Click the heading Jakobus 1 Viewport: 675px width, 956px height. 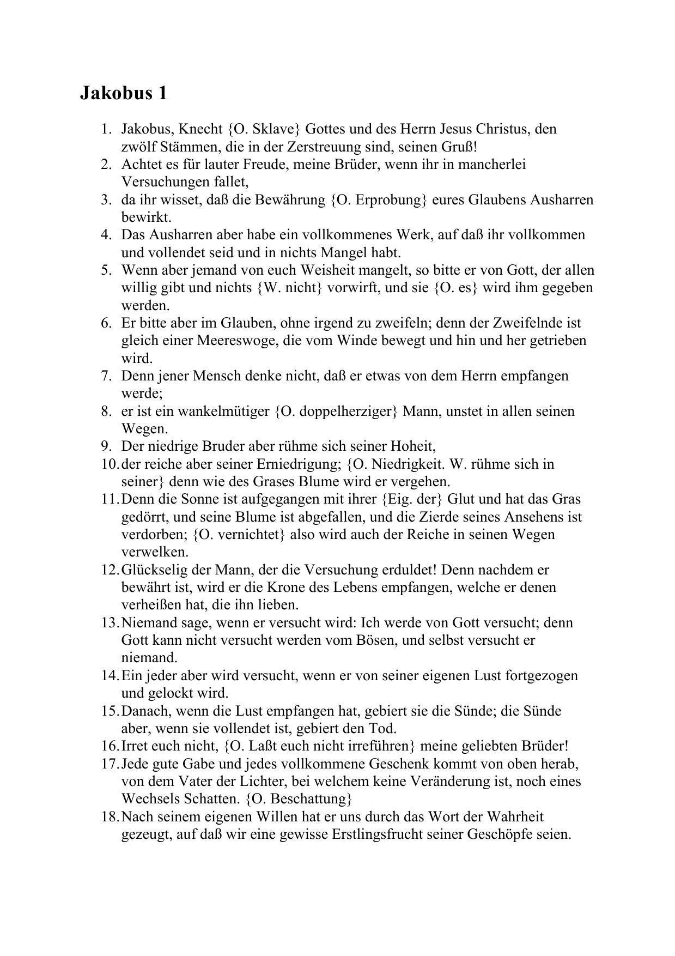click(124, 93)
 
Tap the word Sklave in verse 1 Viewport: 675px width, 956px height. click(277, 129)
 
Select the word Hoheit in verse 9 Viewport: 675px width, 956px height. click(412, 446)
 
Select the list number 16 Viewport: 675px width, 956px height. click(108, 746)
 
